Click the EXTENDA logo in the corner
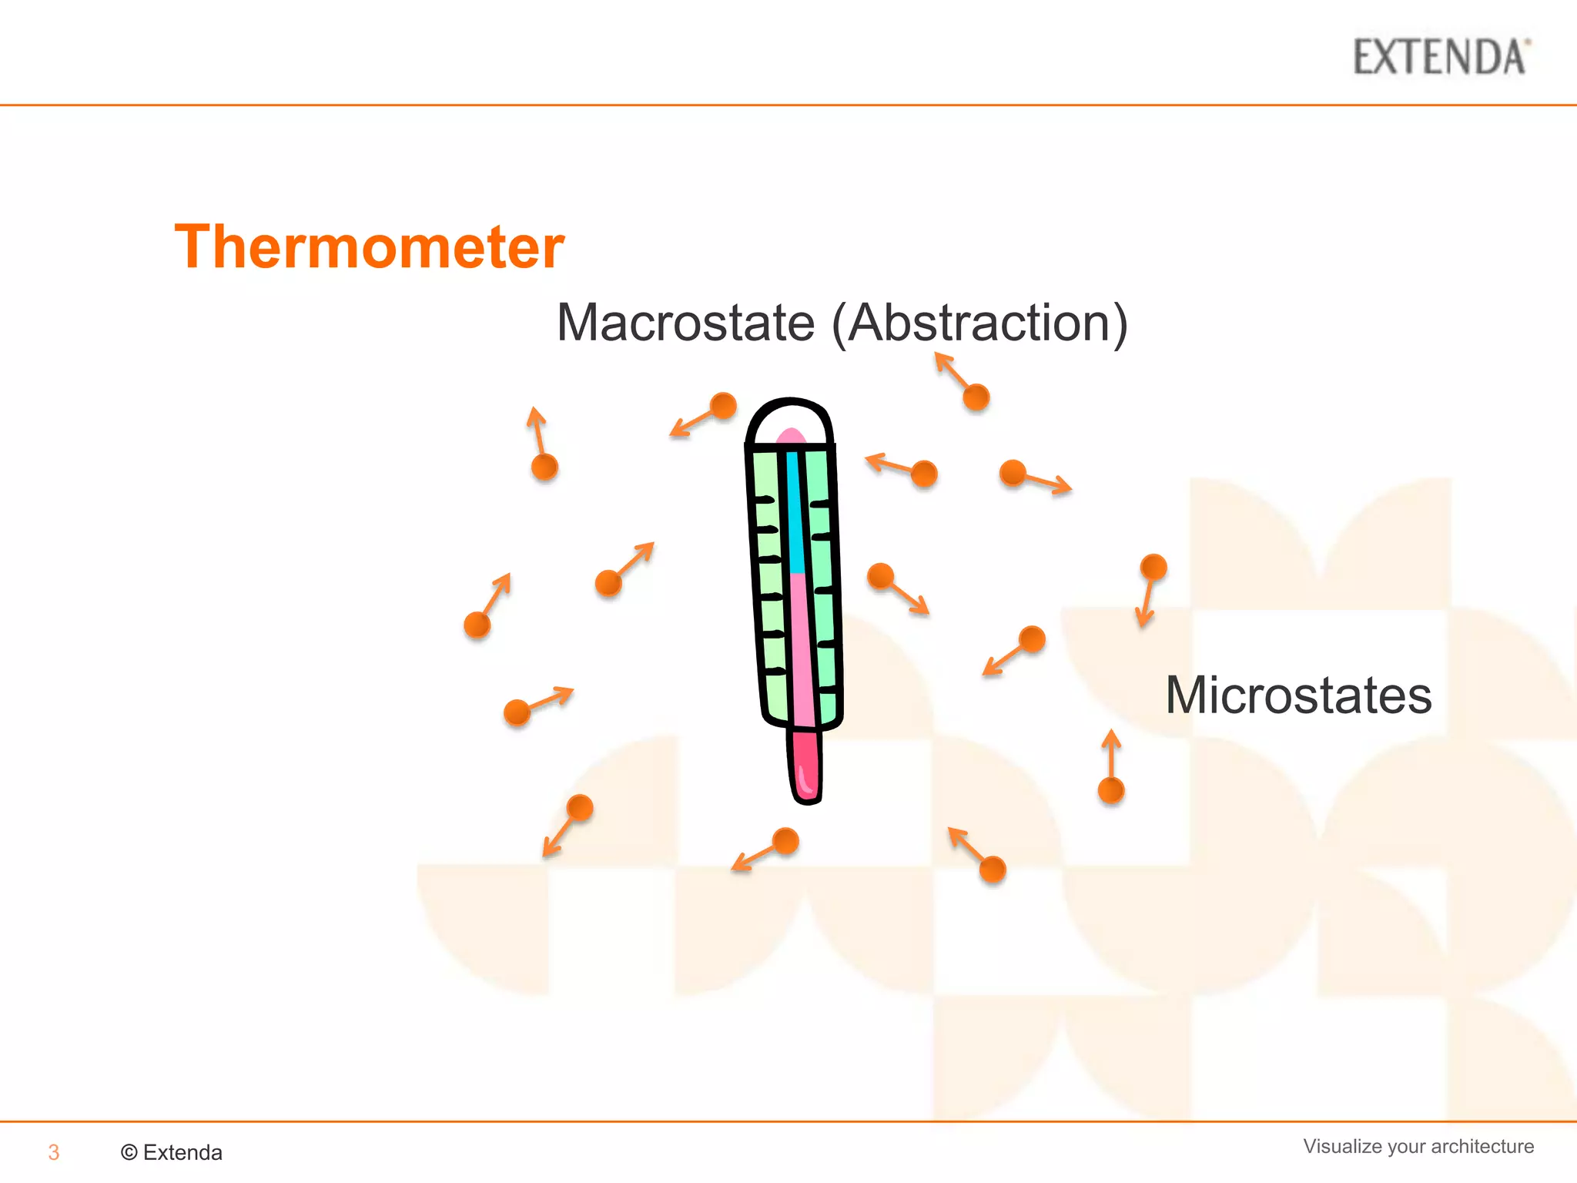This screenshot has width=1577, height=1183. [x=1441, y=57]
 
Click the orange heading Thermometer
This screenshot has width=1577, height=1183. [x=370, y=246]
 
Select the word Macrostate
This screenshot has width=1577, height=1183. [x=685, y=323]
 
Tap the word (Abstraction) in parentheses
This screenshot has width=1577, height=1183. [x=979, y=323]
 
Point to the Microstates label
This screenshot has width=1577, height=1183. [x=1298, y=695]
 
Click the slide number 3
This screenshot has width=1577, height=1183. [x=53, y=1152]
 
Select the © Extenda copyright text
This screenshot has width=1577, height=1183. [x=172, y=1152]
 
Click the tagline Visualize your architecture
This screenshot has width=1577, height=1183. [x=1418, y=1146]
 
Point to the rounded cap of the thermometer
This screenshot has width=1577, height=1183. [x=790, y=421]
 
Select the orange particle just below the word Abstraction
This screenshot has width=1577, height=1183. [x=976, y=397]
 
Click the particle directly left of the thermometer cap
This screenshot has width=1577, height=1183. [x=723, y=405]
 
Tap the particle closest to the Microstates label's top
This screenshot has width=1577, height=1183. [x=1153, y=568]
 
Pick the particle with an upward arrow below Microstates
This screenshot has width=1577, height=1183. [x=1110, y=789]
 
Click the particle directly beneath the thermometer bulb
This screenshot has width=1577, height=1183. [x=785, y=841]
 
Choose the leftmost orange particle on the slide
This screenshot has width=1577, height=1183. [x=477, y=625]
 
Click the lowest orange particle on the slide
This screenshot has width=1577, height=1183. [x=993, y=870]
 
